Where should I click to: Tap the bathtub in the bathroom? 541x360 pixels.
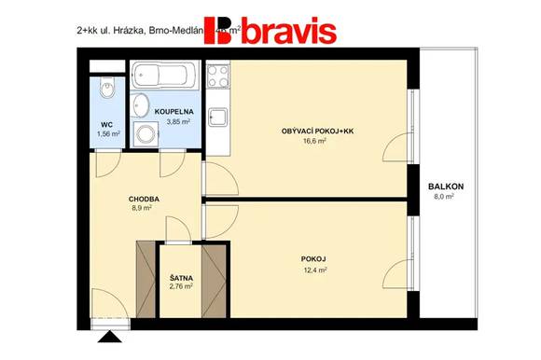point(164,75)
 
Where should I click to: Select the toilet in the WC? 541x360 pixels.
point(105,90)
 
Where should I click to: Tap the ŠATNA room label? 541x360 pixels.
point(180,277)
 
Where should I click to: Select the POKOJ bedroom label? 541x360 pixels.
point(314,258)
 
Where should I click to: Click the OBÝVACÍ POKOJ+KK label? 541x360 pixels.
point(317,131)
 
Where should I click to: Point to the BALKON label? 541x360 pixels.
point(446,187)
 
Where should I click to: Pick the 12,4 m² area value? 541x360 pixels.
point(314,270)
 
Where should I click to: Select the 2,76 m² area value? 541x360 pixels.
point(180,287)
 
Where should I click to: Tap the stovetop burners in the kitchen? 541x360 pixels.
point(218,74)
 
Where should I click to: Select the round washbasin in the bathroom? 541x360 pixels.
point(141,103)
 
